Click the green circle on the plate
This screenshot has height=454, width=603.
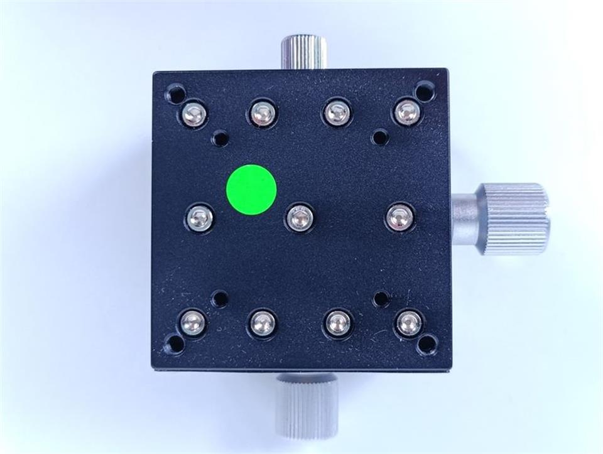pos(251,190)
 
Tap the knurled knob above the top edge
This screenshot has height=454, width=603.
pos(303,52)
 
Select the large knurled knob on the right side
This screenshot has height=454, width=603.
pos(514,219)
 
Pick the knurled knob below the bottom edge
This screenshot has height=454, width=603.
pos(307,408)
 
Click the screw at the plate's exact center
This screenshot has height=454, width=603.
pos(300,218)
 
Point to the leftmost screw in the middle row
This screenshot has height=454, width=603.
pos(200,218)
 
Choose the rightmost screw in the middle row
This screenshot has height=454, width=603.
pos(399,217)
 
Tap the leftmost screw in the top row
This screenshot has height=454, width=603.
pos(193,114)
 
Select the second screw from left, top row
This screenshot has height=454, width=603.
pos(262,114)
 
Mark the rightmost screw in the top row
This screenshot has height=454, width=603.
pos(407,112)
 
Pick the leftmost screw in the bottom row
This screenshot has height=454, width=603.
pos(193,323)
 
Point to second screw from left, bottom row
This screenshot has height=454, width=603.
pos(262,324)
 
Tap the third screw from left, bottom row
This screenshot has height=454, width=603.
pos(339,323)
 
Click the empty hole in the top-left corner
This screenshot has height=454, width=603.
pos(175,95)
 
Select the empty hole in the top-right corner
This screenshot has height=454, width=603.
pos(425,93)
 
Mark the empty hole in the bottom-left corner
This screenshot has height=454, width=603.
pos(174,344)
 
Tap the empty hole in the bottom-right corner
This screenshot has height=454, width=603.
pos(427,344)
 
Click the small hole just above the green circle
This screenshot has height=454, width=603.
pos(220,138)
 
